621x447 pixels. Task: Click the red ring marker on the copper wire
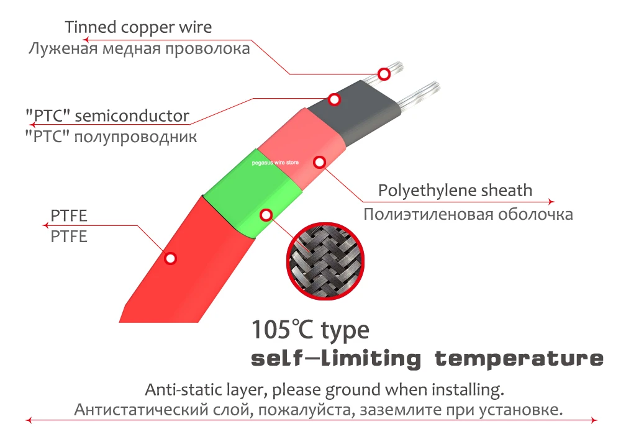[x=384, y=74]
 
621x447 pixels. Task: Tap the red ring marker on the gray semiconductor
[x=334, y=99]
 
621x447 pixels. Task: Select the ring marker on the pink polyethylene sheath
[x=319, y=163]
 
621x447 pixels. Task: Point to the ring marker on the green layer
[x=266, y=215]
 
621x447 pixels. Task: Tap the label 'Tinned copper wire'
[x=138, y=27]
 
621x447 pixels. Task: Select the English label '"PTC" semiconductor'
[x=107, y=115]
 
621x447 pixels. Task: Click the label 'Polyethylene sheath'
[x=455, y=190]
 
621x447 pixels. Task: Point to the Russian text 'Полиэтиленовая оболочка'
[x=468, y=215]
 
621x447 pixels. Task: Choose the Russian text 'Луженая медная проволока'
[x=139, y=49]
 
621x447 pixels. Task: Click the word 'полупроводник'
[x=135, y=137]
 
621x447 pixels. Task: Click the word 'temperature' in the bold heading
[x=519, y=358]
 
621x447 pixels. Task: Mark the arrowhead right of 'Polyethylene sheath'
[x=552, y=202]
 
